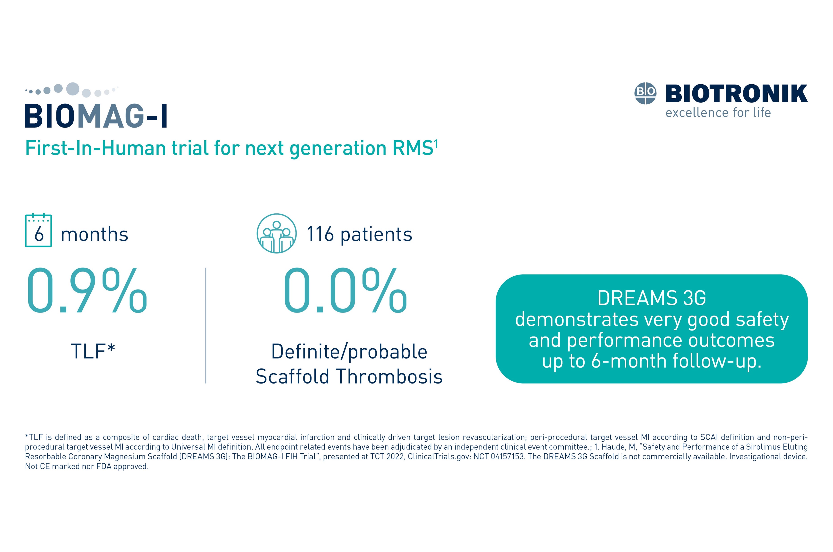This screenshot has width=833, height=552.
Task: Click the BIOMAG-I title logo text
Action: [x=96, y=116]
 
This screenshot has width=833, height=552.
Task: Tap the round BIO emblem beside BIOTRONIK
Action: [x=645, y=93]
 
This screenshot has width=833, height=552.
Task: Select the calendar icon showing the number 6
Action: [x=38, y=231]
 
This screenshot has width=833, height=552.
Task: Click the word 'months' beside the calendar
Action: [x=94, y=234]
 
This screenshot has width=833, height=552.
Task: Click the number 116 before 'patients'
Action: [x=320, y=234]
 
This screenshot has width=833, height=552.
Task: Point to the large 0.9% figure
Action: [x=87, y=290]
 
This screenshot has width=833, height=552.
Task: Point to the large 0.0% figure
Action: [x=345, y=290]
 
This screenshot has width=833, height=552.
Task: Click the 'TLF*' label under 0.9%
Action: [x=93, y=351]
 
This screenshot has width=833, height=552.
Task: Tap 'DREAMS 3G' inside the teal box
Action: [x=652, y=298]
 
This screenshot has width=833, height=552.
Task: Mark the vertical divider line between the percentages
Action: [x=206, y=326]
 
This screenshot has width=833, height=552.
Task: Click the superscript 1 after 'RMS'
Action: [x=436, y=144]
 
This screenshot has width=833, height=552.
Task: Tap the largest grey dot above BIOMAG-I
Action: [x=73, y=89]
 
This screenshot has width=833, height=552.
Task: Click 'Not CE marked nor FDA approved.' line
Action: [x=87, y=466]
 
